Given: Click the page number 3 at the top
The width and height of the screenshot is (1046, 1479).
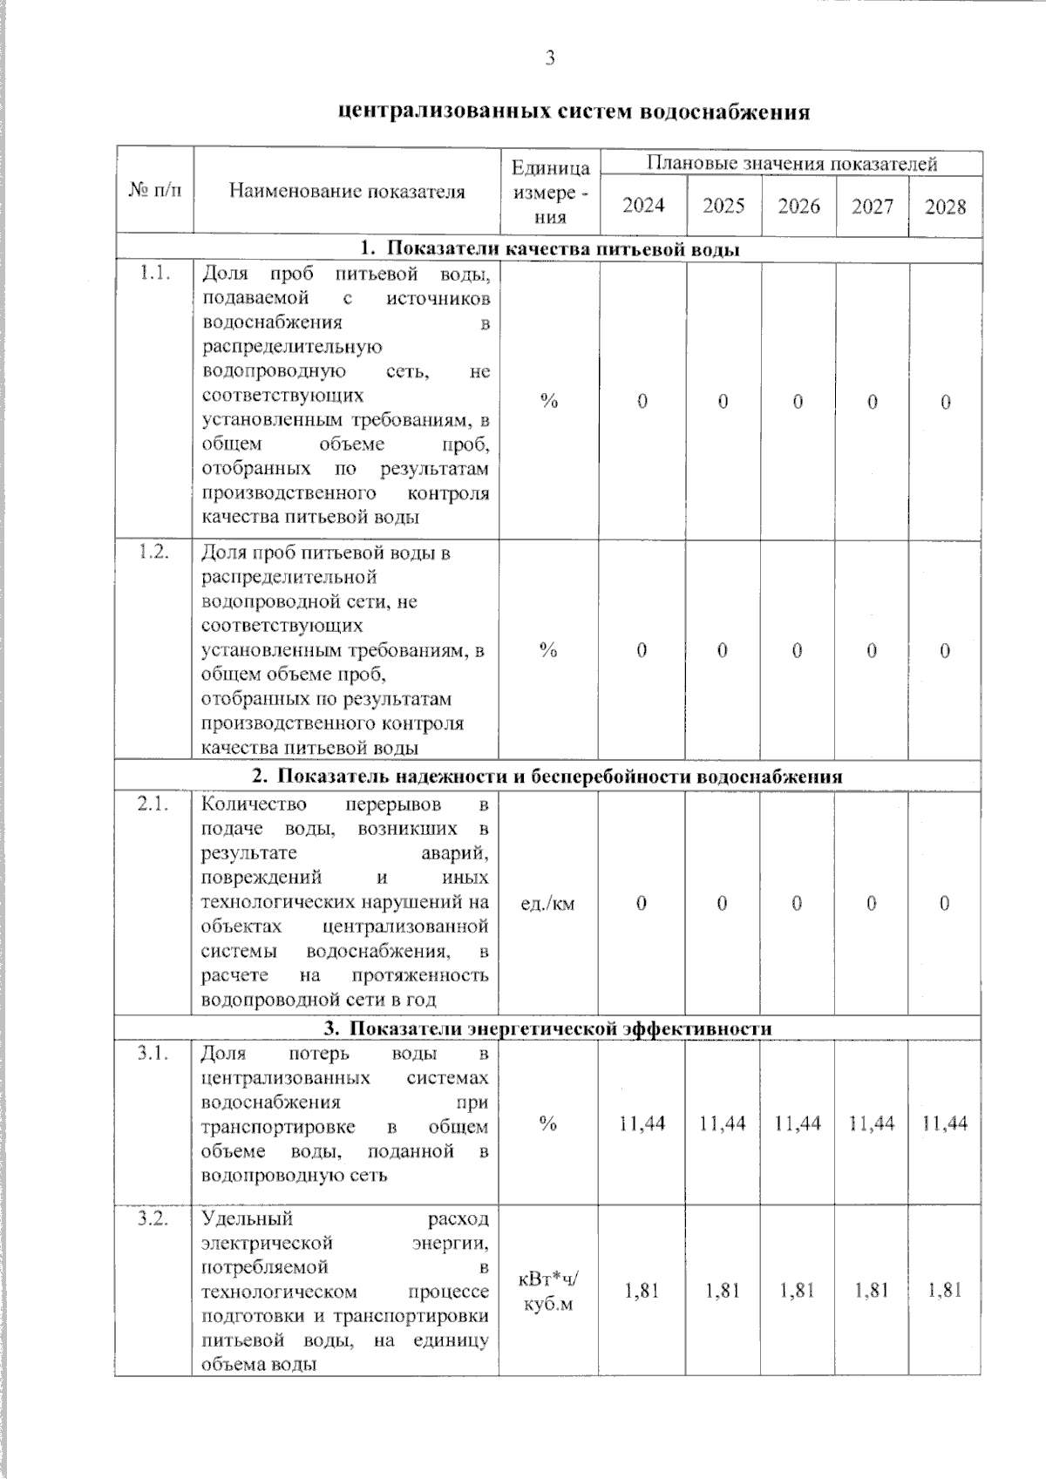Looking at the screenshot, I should (x=549, y=58).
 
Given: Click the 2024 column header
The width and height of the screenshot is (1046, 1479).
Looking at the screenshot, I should (x=643, y=206).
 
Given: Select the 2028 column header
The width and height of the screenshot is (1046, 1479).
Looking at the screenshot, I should (x=945, y=207).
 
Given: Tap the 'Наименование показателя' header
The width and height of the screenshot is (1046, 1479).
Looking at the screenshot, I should (x=346, y=191).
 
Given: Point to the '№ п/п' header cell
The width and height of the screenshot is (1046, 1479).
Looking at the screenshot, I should (x=155, y=190).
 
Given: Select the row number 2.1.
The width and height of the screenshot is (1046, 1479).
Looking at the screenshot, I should (x=153, y=804).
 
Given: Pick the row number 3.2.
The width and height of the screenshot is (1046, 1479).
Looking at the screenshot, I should (x=153, y=1218).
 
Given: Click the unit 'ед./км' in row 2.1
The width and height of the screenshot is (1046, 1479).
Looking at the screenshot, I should (x=547, y=904).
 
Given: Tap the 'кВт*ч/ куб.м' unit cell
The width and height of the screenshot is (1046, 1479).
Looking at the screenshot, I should (x=547, y=1292).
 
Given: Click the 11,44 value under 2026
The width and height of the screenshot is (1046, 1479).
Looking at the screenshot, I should (x=798, y=1123).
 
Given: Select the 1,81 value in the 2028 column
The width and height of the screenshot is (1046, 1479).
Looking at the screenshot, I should (x=945, y=1290).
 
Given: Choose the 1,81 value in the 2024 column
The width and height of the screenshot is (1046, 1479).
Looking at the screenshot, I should (x=642, y=1290).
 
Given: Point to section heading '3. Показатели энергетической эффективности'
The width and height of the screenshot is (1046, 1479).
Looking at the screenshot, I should (x=548, y=1028).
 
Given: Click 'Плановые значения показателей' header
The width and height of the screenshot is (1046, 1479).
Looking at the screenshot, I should (x=791, y=163).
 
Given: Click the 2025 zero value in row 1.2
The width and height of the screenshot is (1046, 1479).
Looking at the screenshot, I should (x=723, y=650).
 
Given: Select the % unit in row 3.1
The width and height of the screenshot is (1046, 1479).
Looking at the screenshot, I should (x=547, y=1123).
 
